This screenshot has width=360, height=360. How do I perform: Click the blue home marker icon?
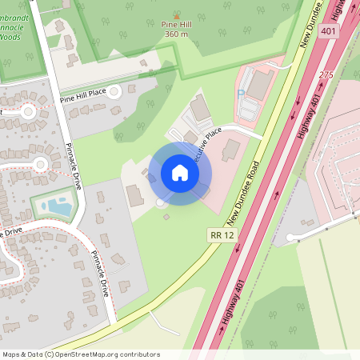(x=180, y=173)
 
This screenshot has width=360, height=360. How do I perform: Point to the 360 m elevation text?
(x=176, y=34)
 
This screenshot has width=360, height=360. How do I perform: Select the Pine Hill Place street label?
(x=84, y=98)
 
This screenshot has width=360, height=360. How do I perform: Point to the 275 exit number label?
(x=326, y=74)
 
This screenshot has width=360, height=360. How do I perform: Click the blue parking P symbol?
(x=241, y=93)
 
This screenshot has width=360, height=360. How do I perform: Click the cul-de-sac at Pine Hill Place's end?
(x=114, y=92)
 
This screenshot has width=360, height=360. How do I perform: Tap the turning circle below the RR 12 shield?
(x=290, y=238)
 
